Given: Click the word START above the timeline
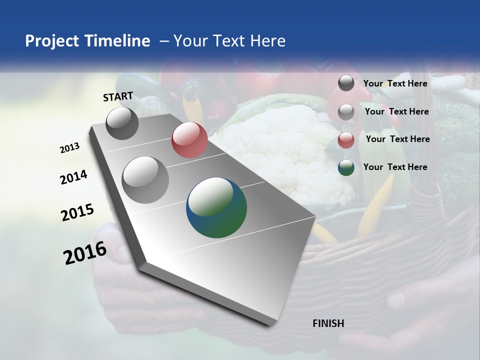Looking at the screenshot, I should tap(118, 96).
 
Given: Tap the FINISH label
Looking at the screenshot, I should tap(328, 323).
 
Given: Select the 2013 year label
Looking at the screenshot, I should tap(69, 148).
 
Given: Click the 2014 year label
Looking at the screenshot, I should tap(73, 177).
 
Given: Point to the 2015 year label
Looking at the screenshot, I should tap(77, 212).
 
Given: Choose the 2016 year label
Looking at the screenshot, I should tap(85, 253).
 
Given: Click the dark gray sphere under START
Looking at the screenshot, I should tap(122, 123).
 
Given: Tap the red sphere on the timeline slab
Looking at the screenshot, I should tap(189, 140).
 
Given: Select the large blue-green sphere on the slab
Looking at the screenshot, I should tap(216, 207).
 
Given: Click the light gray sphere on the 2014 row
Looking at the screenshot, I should tap(145, 180).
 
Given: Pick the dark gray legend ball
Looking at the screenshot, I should tap(346, 83).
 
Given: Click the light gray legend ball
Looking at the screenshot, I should tap(346, 112).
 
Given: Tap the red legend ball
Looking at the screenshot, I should tap(346, 140).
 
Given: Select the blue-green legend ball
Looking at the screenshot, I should tap(346, 167).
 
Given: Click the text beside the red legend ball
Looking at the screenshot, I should tap(397, 139).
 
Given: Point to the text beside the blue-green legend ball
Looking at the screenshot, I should tap(395, 167).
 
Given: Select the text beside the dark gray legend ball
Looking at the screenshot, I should tap(395, 83).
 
